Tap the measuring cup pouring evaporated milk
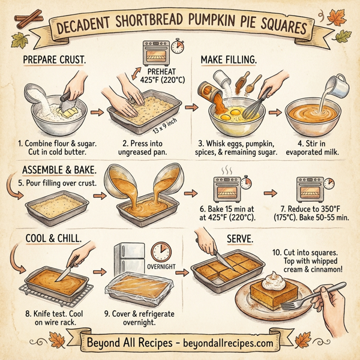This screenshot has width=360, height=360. point(339,87)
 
